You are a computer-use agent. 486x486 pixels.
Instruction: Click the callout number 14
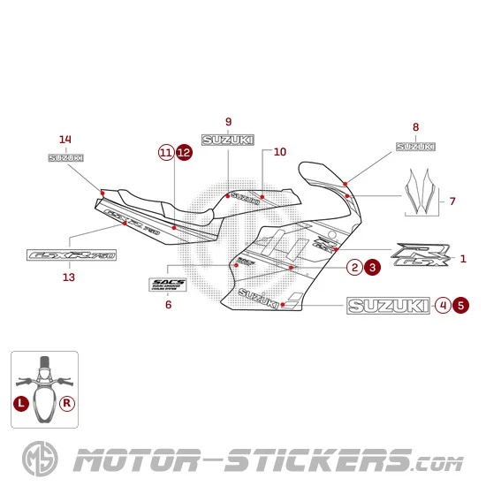65,140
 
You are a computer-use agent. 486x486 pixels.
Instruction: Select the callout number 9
228,121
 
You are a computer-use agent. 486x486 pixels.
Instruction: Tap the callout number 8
415,126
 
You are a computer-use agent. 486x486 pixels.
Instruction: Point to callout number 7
452,201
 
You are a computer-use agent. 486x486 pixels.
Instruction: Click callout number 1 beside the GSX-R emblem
463,259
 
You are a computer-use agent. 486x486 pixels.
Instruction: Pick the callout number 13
69,277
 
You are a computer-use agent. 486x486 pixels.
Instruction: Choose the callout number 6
168,305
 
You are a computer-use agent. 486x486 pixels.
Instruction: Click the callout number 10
279,152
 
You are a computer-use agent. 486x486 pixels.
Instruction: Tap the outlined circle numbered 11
166,153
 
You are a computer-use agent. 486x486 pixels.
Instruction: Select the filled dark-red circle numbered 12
184,153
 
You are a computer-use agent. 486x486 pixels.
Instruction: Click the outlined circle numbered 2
353,266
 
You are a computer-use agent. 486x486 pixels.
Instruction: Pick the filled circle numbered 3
372,266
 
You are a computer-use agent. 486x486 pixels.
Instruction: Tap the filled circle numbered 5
460,305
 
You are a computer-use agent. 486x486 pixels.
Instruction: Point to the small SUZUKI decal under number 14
65,158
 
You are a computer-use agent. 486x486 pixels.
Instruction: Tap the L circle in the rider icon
21,402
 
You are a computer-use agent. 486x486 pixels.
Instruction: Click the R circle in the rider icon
67,402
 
